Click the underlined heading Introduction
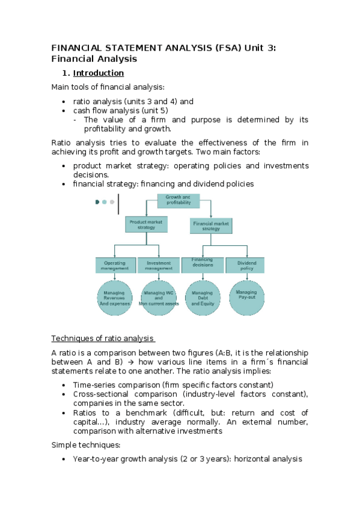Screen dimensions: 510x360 click(99, 73)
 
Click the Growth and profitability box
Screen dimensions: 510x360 click(178, 200)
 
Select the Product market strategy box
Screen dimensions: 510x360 click(146, 224)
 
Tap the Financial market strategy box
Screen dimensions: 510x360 click(211, 226)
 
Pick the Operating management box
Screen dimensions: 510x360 click(115, 265)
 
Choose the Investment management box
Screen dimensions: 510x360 click(158, 265)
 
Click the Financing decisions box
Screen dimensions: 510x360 click(202, 265)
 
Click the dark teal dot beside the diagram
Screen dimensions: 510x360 click(97, 202)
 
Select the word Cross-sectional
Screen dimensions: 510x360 click(102, 394)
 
